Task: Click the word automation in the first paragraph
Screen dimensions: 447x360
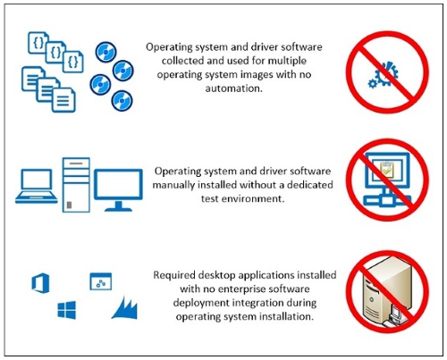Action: point(233,88)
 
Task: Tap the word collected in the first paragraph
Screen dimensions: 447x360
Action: point(182,61)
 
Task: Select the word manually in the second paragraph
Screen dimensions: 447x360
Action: point(173,185)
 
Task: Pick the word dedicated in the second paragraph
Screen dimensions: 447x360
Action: point(310,185)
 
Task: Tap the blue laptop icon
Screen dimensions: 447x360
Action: point(37,187)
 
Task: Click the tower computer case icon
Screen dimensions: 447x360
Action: point(76,185)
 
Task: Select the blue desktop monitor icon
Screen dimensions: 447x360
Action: point(118,189)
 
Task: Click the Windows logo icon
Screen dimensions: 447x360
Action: point(66,310)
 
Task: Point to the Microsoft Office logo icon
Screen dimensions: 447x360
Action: point(40,283)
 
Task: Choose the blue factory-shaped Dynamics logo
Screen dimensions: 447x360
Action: point(125,308)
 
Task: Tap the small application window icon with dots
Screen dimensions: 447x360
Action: point(101,281)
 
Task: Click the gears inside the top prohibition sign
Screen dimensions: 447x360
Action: point(384,74)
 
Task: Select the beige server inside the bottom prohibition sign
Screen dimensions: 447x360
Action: point(384,292)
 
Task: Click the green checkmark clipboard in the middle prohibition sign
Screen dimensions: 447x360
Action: point(385,170)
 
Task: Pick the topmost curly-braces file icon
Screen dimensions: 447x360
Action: point(38,43)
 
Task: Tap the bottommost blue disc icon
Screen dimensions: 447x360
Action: point(122,101)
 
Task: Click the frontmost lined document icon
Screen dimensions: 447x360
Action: point(63,100)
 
